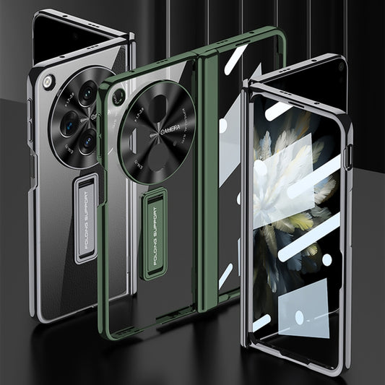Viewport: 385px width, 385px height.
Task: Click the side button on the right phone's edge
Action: [350, 155]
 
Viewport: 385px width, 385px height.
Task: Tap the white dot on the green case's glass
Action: [222, 124]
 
